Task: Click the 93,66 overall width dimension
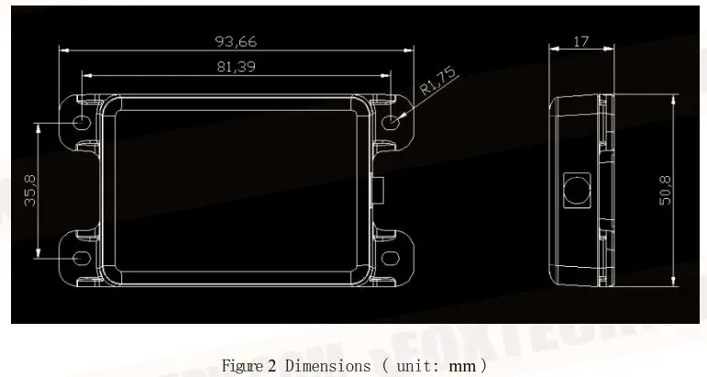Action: point(236,41)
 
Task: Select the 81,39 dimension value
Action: point(236,67)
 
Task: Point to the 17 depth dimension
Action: point(580,40)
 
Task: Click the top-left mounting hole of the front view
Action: point(82,122)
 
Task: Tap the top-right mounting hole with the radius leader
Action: point(392,121)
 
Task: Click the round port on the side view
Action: point(576,189)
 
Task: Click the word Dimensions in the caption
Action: point(326,365)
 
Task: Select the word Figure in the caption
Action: point(242,365)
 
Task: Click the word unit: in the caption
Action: point(415,365)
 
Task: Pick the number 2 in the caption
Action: point(272,365)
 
